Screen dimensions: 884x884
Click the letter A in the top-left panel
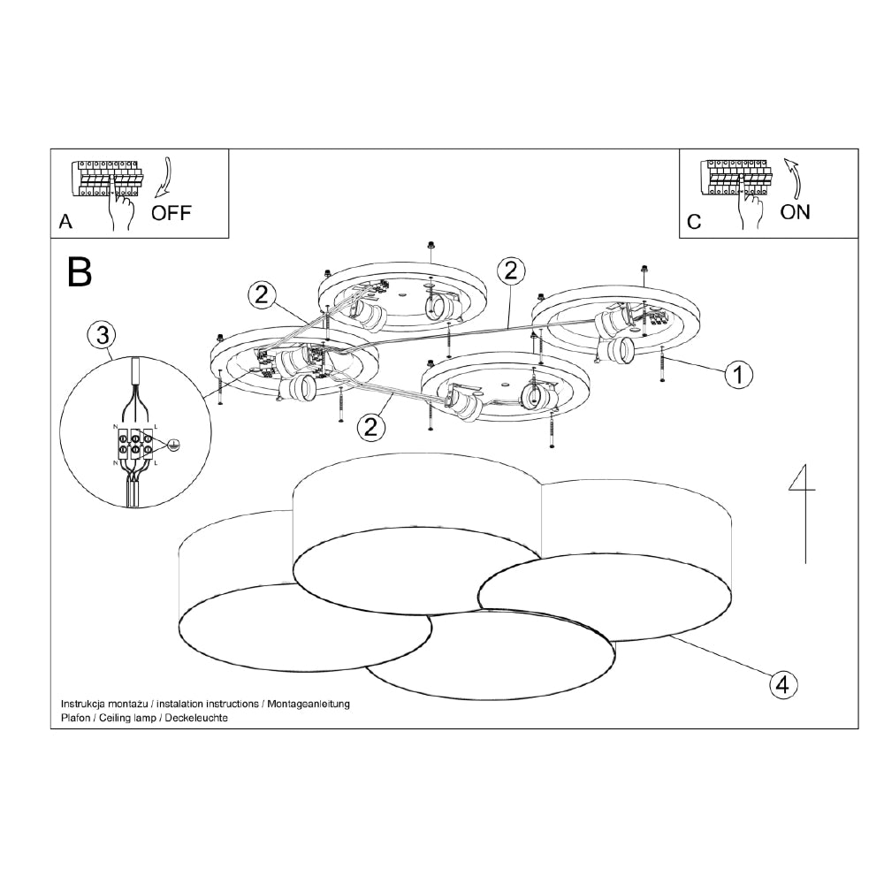tap(65, 222)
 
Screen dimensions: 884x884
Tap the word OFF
tap(171, 213)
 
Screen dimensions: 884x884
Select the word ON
tap(795, 212)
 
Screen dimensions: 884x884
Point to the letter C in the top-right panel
tap(694, 222)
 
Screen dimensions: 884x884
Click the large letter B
tap(80, 272)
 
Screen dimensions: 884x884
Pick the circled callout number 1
tap(738, 375)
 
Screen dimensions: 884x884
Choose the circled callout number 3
tap(103, 335)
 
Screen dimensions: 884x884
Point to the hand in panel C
tap(752, 209)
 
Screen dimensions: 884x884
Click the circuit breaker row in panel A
tap(104, 179)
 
